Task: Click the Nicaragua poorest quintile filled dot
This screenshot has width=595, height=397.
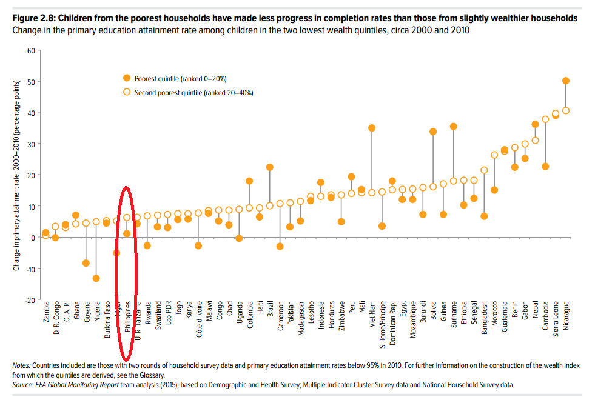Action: [566, 81]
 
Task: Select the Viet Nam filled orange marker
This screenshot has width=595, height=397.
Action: [372, 128]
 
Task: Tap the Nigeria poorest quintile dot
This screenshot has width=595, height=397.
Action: [96, 278]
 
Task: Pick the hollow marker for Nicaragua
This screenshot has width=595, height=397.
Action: [566, 110]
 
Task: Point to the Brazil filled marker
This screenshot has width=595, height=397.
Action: [270, 167]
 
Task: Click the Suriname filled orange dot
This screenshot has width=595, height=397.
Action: [454, 127]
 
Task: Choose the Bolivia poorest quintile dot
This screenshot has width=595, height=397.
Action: [433, 132]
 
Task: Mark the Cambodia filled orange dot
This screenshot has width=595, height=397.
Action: [545, 167]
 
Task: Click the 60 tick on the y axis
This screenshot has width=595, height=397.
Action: [31, 50]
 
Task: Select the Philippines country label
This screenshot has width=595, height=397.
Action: [127, 318]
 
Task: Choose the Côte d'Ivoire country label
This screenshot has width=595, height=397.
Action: [199, 320]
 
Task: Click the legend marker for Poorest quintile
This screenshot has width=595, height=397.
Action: [127, 78]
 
